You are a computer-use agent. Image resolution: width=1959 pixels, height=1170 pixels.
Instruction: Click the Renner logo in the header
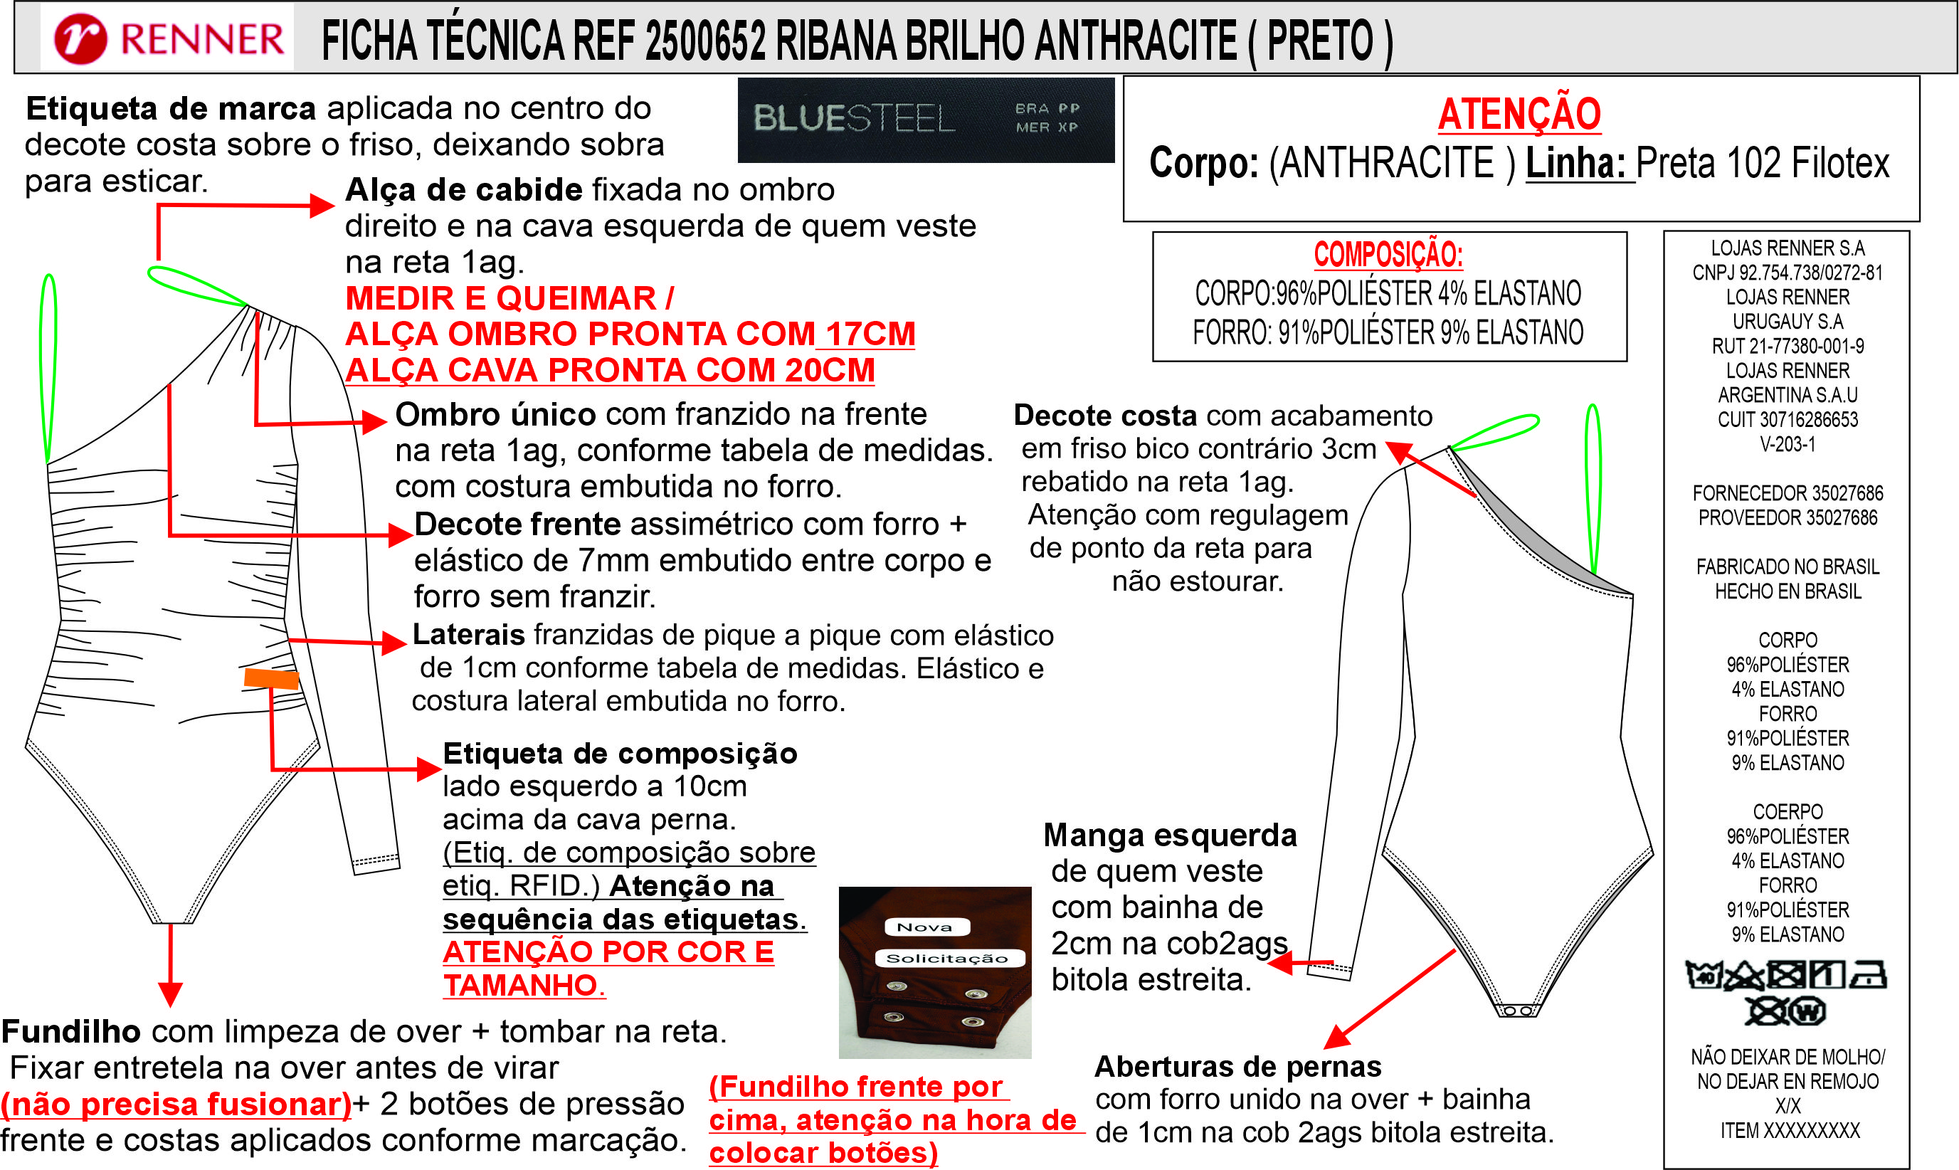tap(168, 38)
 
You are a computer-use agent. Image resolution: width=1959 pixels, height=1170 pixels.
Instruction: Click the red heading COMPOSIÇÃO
tap(1388, 255)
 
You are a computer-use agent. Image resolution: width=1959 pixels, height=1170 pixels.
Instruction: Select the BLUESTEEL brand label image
tap(926, 120)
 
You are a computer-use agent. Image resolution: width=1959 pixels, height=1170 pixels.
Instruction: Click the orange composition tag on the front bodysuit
tap(271, 678)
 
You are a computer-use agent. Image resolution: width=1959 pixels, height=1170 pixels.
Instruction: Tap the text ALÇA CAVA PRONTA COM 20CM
tap(610, 370)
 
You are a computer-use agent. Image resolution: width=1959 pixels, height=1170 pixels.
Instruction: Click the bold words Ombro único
tap(495, 415)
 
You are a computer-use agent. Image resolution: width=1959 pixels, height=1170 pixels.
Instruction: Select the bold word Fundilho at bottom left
tap(71, 1031)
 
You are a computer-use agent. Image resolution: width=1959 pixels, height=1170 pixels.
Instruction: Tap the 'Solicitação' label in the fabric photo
tap(949, 958)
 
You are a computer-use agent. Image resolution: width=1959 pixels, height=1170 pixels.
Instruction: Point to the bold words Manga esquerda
tap(1170, 836)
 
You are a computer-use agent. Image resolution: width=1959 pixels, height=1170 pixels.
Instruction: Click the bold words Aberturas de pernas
tap(1237, 1067)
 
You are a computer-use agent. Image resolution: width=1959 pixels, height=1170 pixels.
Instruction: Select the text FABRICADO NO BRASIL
tap(1787, 567)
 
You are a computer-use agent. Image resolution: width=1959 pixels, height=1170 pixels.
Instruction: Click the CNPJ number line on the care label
tap(1787, 273)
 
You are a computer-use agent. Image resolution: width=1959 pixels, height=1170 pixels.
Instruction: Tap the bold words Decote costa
tap(1104, 416)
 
